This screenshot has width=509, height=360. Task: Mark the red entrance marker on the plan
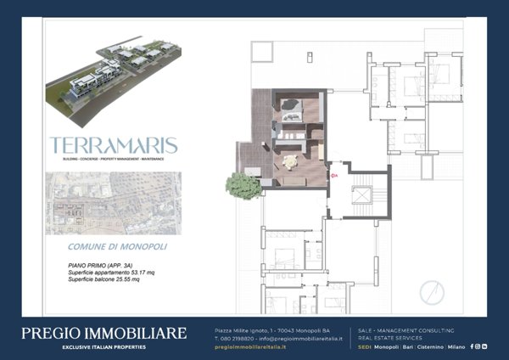pyautogui.click(x=334, y=176)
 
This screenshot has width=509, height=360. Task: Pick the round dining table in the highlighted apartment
pyautogui.click(x=292, y=161)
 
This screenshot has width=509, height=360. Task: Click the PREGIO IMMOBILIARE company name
pyautogui.click(x=115, y=333)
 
